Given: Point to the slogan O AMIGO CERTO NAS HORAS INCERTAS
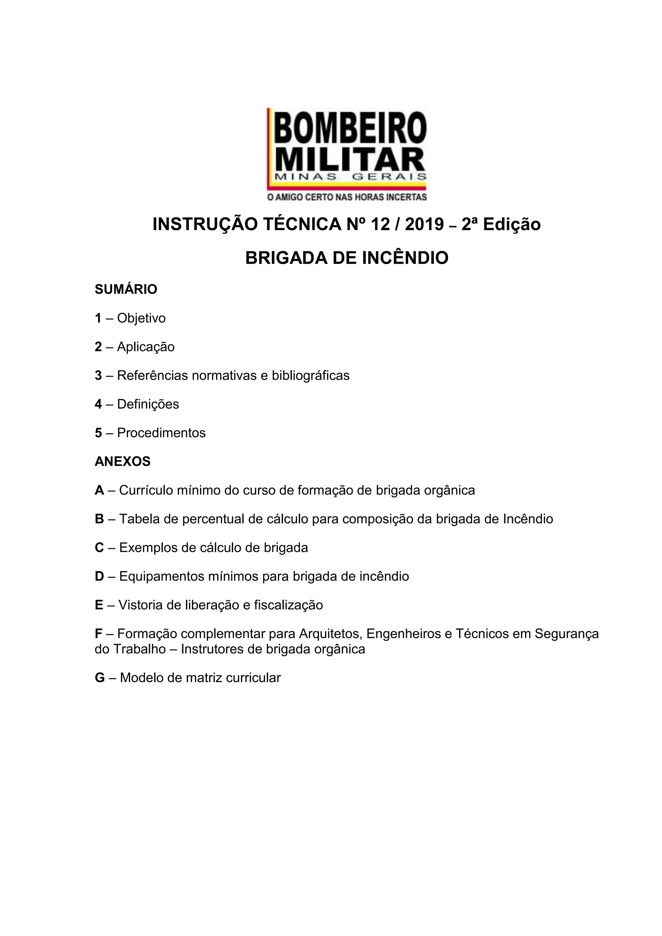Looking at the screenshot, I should pos(347,197).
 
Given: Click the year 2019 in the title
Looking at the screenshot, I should pos(424,224).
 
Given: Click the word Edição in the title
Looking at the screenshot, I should pos(512,224).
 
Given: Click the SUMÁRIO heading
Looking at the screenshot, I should pos(126,290).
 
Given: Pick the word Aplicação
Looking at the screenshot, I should pos(146,347).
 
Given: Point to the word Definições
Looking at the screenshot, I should pos(148,404).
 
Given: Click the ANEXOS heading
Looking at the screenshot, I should pos(123,462).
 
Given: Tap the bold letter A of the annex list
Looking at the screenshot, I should pos(100,490).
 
